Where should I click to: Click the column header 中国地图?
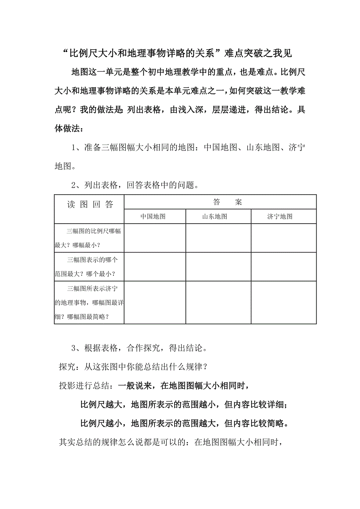click(x=153, y=217)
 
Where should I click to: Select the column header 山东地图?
click(x=214, y=217)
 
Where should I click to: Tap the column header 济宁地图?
click(x=280, y=217)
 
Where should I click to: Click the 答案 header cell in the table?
click(x=228, y=202)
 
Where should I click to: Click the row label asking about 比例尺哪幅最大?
click(x=89, y=238)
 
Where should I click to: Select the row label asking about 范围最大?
click(x=89, y=266)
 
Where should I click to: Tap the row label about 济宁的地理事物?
click(x=89, y=302)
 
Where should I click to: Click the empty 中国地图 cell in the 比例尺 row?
click(x=155, y=238)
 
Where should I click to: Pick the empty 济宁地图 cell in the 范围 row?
click(x=283, y=266)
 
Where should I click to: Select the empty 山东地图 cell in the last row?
click(x=218, y=302)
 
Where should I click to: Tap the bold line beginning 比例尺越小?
click(x=184, y=423)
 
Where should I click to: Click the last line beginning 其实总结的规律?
click(x=171, y=442)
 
